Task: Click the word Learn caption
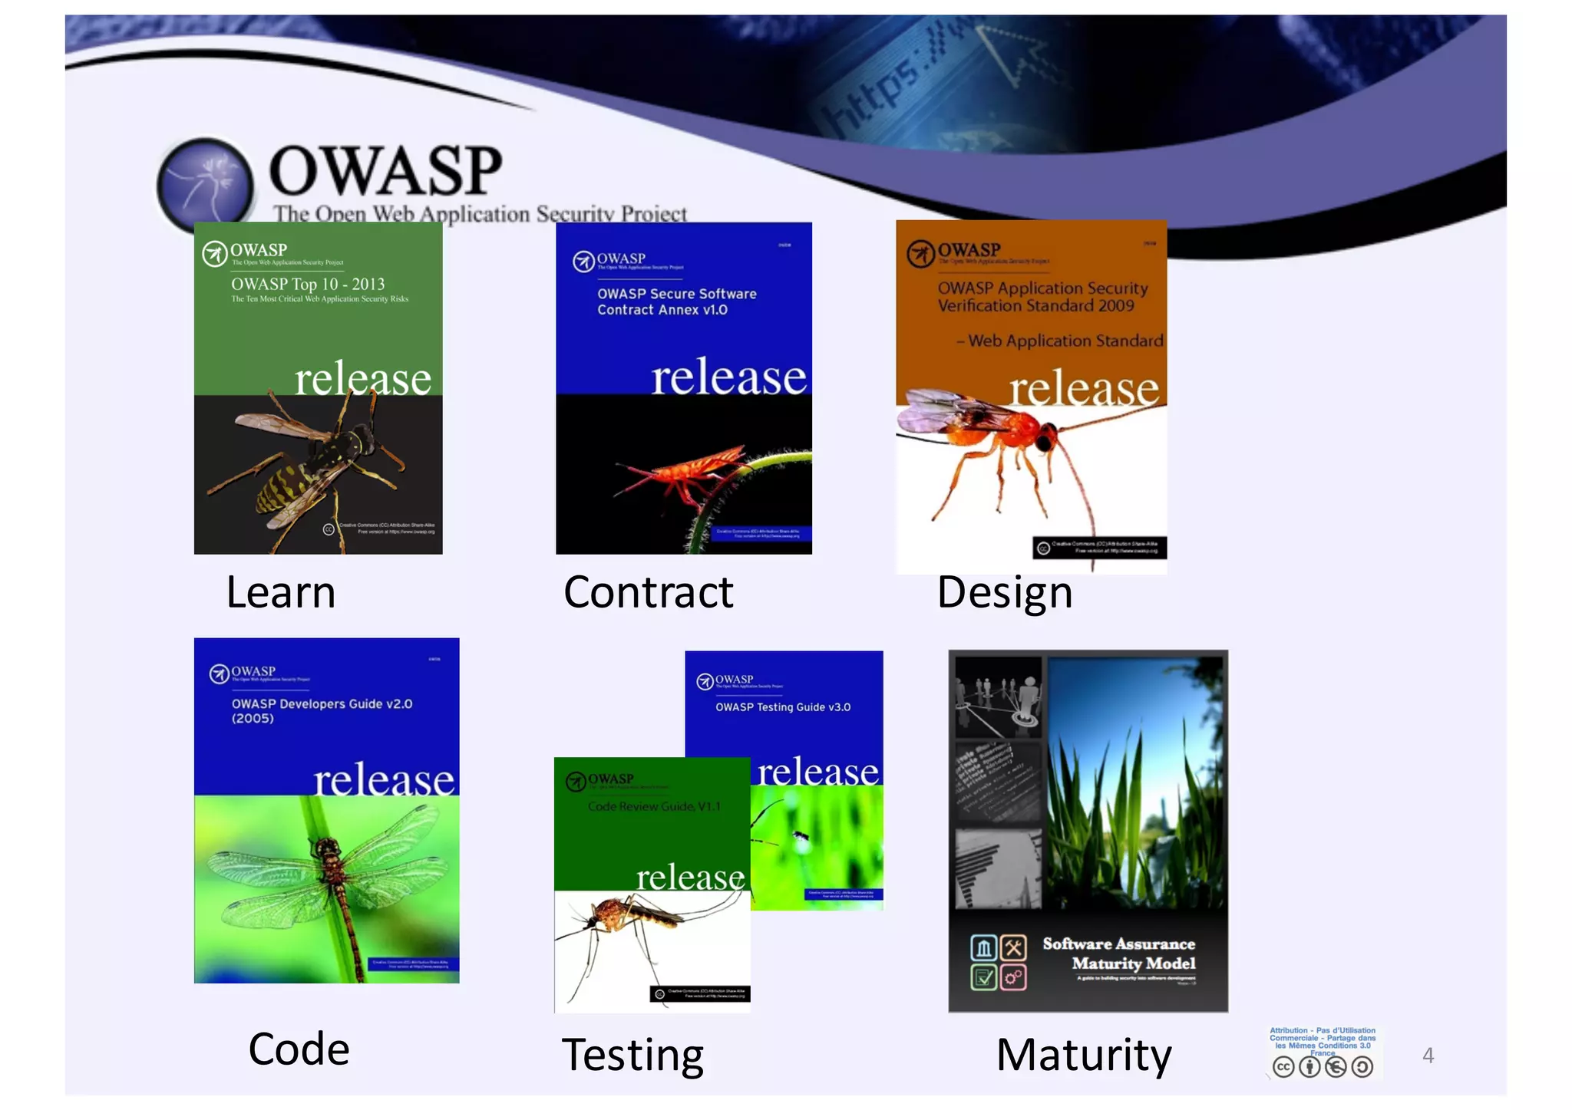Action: [x=281, y=593]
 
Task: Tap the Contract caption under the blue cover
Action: [x=648, y=593]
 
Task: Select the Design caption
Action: [x=1004, y=593]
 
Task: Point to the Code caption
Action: [x=299, y=1049]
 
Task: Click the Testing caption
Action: [x=632, y=1055]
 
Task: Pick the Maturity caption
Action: [x=1083, y=1055]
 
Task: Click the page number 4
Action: [x=1428, y=1056]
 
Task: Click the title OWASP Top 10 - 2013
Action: [x=308, y=284]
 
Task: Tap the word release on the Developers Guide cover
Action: [x=384, y=781]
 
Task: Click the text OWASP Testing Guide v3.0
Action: [x=782, y=707]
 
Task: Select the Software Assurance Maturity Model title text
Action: [x=1118, y=954]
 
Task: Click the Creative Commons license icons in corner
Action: [x=1323, y=1066]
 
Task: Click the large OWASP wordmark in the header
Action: [x=385, y=170]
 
